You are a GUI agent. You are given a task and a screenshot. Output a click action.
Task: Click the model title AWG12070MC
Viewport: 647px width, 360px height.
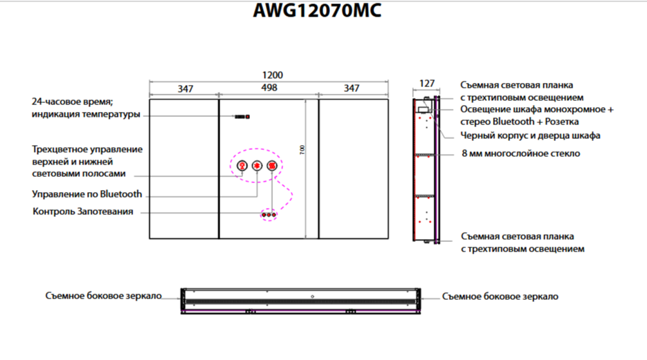(x=317, y=11)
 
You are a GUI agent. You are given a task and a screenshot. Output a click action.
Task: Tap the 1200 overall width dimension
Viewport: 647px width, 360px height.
(x=272, y=75)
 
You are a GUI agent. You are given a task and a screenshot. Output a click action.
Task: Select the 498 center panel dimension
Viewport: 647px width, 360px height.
(x=269, y=88)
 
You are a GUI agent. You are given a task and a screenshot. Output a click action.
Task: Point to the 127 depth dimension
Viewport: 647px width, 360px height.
(x=427, y=84)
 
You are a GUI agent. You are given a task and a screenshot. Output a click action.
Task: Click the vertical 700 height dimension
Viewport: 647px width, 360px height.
(x=302, y=150)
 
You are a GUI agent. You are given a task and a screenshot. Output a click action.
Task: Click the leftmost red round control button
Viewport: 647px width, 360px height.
(x=242, y=166)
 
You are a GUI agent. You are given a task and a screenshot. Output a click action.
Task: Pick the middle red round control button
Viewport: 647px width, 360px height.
(x=257, y=166)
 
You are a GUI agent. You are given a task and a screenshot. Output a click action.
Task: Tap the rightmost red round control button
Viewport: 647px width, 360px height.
(x=271, y=166)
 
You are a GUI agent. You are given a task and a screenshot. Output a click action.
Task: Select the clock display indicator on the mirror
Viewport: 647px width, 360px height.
(x=242, y=117)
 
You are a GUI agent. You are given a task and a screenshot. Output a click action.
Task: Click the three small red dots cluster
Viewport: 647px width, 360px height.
(x=269, y=215)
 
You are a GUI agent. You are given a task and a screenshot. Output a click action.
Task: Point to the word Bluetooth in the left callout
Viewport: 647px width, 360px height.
(x=121, y=194)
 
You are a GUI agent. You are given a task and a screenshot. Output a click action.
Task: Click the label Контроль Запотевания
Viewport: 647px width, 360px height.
(x=83, y=211)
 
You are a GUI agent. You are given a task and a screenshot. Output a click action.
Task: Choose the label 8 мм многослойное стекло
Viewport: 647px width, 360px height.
(x=521, y=153)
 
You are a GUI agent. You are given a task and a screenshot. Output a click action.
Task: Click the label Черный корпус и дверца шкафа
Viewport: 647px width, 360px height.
(x=530, y=135)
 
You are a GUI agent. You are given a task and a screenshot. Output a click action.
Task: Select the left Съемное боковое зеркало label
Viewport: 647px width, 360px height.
(x=104, y=296)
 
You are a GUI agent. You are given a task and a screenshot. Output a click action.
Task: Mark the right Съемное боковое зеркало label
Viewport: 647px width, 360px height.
(x=500, y=296)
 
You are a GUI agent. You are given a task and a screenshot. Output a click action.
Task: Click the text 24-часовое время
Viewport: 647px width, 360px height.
(x=73, y=102)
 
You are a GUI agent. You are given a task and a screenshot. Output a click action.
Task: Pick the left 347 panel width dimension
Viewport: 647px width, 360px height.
(x=185, y=88)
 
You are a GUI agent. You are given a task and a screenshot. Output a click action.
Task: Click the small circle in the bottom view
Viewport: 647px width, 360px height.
(x=312, y=296)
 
